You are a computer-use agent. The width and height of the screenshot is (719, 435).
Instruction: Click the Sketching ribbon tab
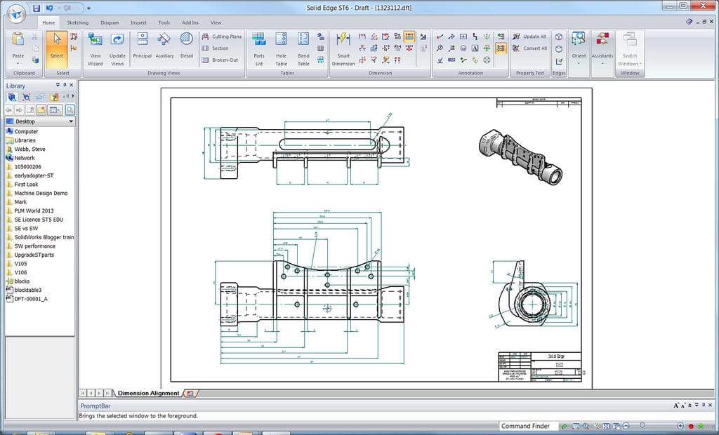(x=78, y=22)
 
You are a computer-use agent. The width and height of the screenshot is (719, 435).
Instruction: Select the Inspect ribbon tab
(x=138, y=22)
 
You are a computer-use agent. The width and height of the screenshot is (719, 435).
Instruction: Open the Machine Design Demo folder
(x=41, y=193)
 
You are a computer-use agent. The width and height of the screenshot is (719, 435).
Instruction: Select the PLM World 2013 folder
(x=34, y=210)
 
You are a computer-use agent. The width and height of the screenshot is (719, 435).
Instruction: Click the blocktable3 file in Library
(x=27, y=290)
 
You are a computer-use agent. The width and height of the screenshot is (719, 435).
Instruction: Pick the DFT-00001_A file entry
(x=30, y=299)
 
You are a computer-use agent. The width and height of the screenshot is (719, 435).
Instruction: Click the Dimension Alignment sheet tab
(x=148, y=393)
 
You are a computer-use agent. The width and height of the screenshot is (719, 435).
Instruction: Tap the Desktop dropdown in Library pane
(x=40, y=121)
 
